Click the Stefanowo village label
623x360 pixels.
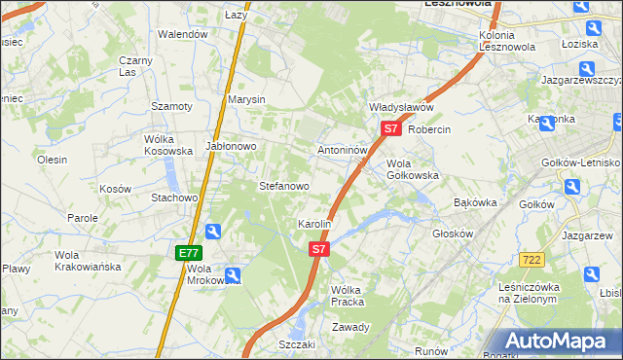point(283,185)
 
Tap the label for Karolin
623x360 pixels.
point(314,224)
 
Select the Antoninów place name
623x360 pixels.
point(342,151)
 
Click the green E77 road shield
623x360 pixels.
point(188,252)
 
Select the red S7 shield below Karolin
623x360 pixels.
point(319,249)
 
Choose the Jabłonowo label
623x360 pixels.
point(231,147)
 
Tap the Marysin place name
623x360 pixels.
point(246,99)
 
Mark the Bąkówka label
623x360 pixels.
point(476,202)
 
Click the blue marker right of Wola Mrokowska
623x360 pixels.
point(234,275)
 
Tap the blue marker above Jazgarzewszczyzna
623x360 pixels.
point(587,68)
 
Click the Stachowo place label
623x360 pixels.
point(174,198)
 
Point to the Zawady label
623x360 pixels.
point(350,327)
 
